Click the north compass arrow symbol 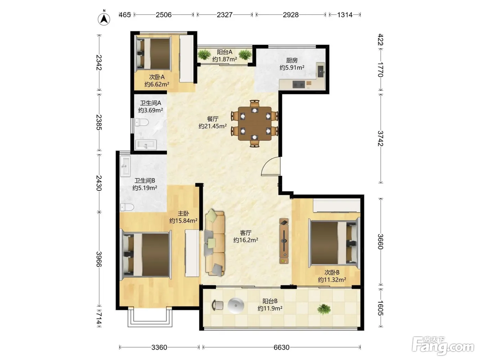pyautogui.click(x=104, y=19)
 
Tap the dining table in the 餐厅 pyautogui.click(x=255, y=123)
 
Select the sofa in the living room pyautogui.click(x=215, y=243)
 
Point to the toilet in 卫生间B pyautogui.click(x=127, y=207)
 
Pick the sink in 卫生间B pyautogui.click(x=125, y=166)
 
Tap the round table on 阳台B pyautogui.click(x=236, y=305)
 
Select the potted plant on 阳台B pyautogui.click(x=324, y=309)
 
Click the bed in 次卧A pyautogui.click(x=153, y=54)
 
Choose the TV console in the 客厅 pyautogui.click(x=284, y=241)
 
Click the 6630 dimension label pyautogui.click(x=281, y=347)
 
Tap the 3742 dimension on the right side pyautogui.click(x=380, y=139)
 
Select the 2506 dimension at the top pyautogui.click(x=164, y=15)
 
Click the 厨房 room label pyautogui.click(x=292, y=60)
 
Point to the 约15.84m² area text pyautogui.click(x=183, y=221)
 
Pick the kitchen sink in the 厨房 pyautogui.click(x=321, y=70)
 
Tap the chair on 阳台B pyautogui.click(x=218, y=305)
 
